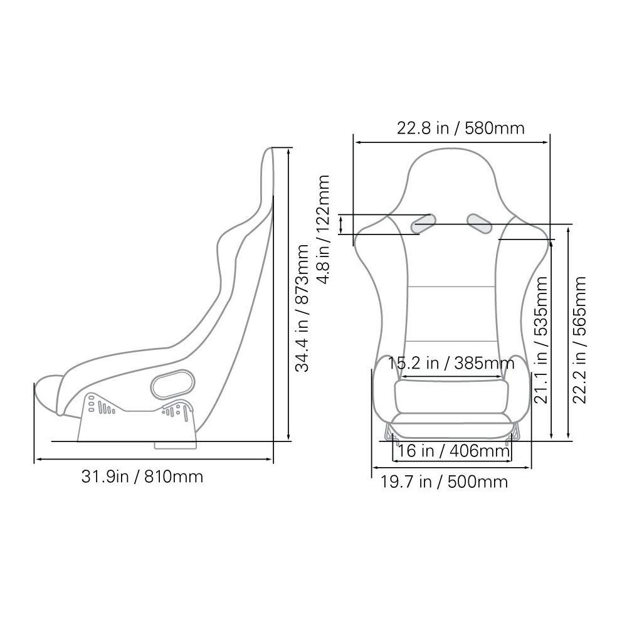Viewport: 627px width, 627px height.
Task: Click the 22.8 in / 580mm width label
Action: point(460,129)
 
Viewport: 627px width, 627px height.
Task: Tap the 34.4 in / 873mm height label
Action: point(302,308)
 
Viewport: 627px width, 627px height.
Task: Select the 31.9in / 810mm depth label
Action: point(142,477)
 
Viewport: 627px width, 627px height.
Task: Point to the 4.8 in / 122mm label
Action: point(323,229)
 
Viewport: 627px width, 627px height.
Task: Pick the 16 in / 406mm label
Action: point(454,451)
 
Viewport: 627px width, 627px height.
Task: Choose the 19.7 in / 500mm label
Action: point(444,482)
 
